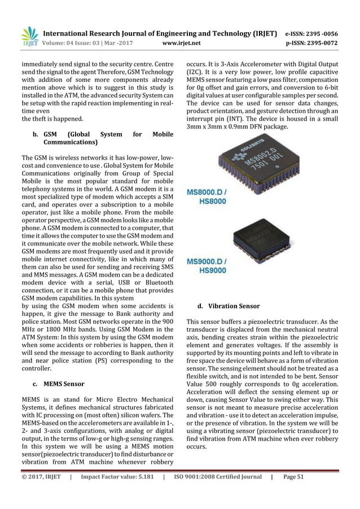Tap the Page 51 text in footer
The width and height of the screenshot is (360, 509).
pos(294,477)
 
